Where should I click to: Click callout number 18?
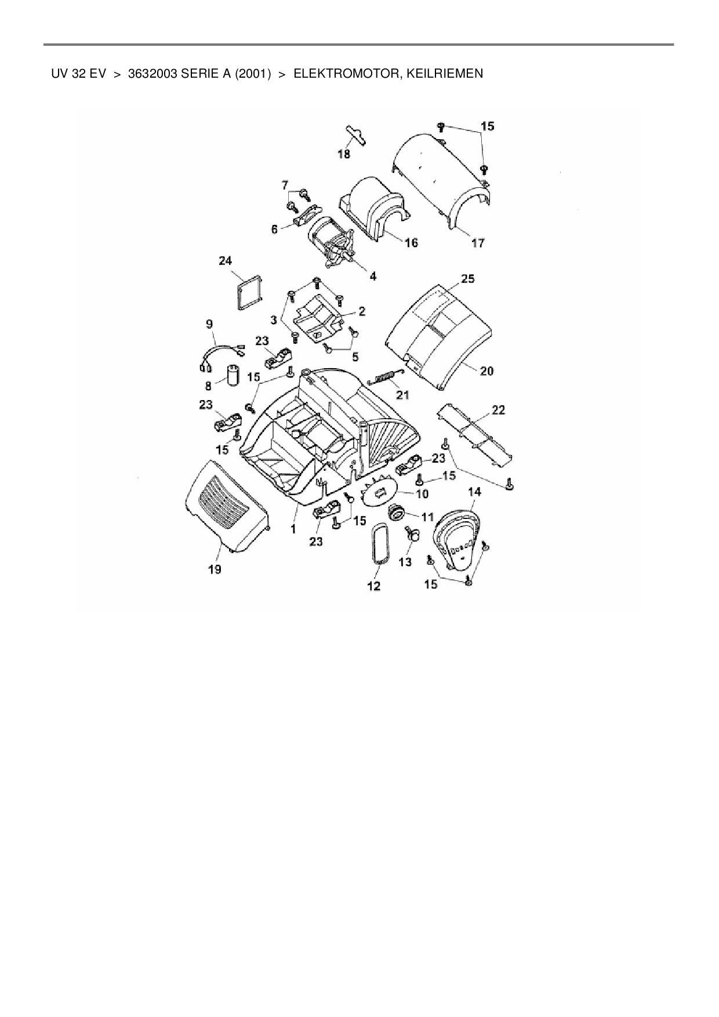pos(344,154)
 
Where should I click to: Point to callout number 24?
pos(226,261)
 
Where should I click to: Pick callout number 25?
pos(467,279)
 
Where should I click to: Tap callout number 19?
pos(215,569)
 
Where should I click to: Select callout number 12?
pos(374,586)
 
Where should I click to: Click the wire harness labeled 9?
pos(220,353)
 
